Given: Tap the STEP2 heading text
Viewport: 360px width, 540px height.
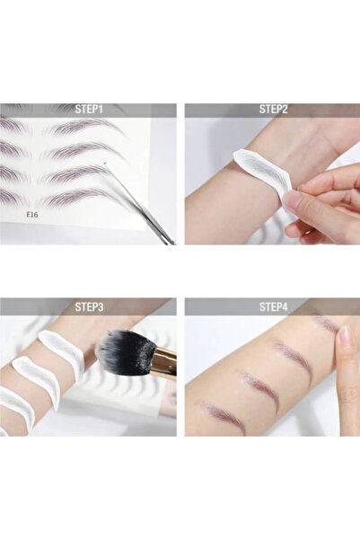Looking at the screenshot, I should point(273,110).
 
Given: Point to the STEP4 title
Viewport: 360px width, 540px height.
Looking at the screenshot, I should point(273,306).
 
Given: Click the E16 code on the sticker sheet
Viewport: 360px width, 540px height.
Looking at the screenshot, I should point(32,214).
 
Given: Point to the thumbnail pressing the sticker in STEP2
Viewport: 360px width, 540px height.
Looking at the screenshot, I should point(293,200).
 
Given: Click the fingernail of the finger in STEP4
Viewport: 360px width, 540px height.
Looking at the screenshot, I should point(346,338).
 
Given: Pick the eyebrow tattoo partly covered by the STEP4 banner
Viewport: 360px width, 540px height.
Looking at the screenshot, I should point(325,321).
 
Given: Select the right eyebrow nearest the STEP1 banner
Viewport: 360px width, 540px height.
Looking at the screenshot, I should point(85,126).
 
